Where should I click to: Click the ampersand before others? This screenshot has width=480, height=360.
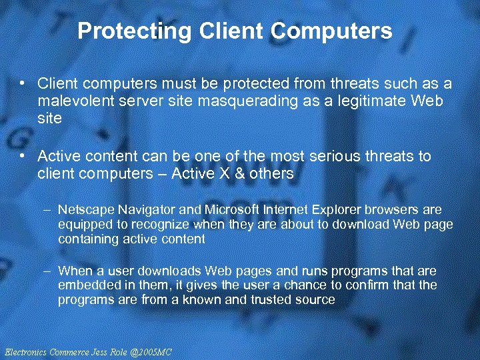[x=251, y=173]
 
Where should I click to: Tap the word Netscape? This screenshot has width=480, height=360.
[x=83, y=209]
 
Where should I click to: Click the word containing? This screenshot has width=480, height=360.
[x=83, y=239]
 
